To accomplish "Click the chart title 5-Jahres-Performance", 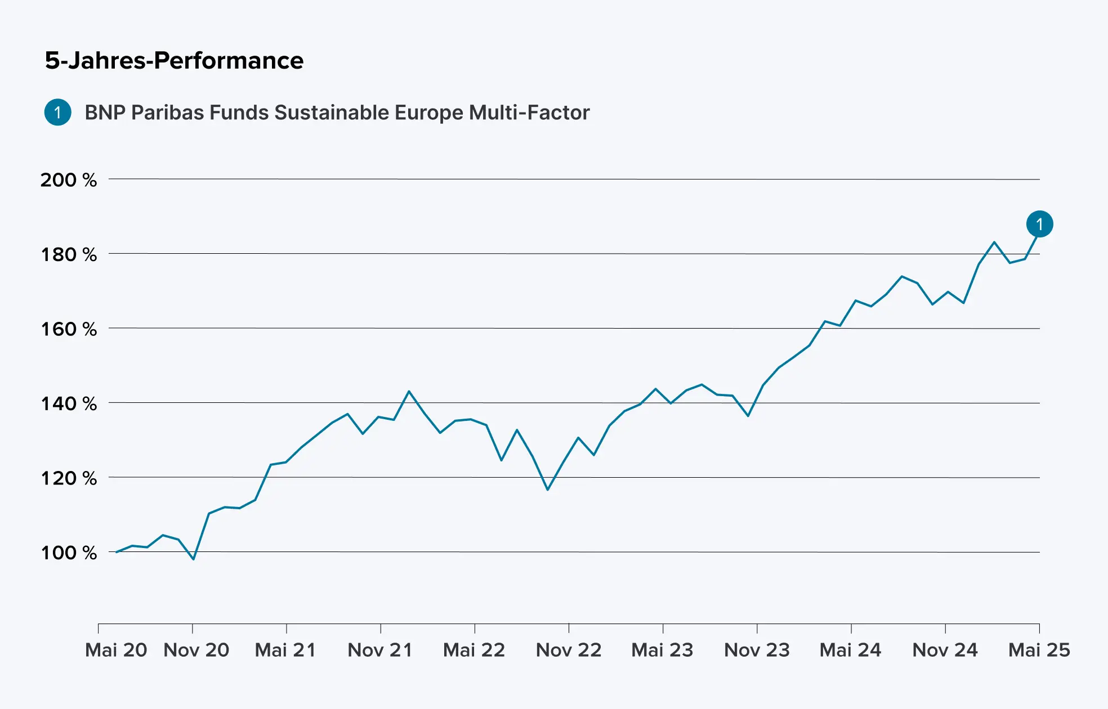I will click(x=174, y=60).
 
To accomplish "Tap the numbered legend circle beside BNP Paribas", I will click(x=57, y=112).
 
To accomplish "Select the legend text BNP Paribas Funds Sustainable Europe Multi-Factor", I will click(x=337, y=113).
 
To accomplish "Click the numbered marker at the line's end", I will click(x=1039, y=224).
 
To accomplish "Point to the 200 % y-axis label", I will click(x=68, y=180).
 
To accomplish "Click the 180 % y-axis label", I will click(x=68, y=254).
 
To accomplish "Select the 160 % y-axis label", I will click(x=68, y=329).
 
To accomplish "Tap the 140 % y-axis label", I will click(x=68, y=403).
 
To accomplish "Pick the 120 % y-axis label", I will click(x=68, y=478).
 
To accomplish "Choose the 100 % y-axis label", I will click(x=68, y=553).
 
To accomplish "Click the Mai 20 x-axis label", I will click(x=116, y=650).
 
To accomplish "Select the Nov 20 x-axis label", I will click(x=196, y=650).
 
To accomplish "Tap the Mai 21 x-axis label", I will click(x=285, y=650).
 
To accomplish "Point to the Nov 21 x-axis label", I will click(x=380, y=650).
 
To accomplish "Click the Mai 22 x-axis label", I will click(x=474, y=650).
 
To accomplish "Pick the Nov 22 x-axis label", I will click(x=569, y=650).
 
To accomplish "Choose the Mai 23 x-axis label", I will click(x=662, y=650).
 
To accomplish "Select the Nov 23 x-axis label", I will click(x=757, y=650).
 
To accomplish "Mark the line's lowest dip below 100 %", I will click(x=194, y=559).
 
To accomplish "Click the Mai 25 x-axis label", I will click(x=1039, y=650).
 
